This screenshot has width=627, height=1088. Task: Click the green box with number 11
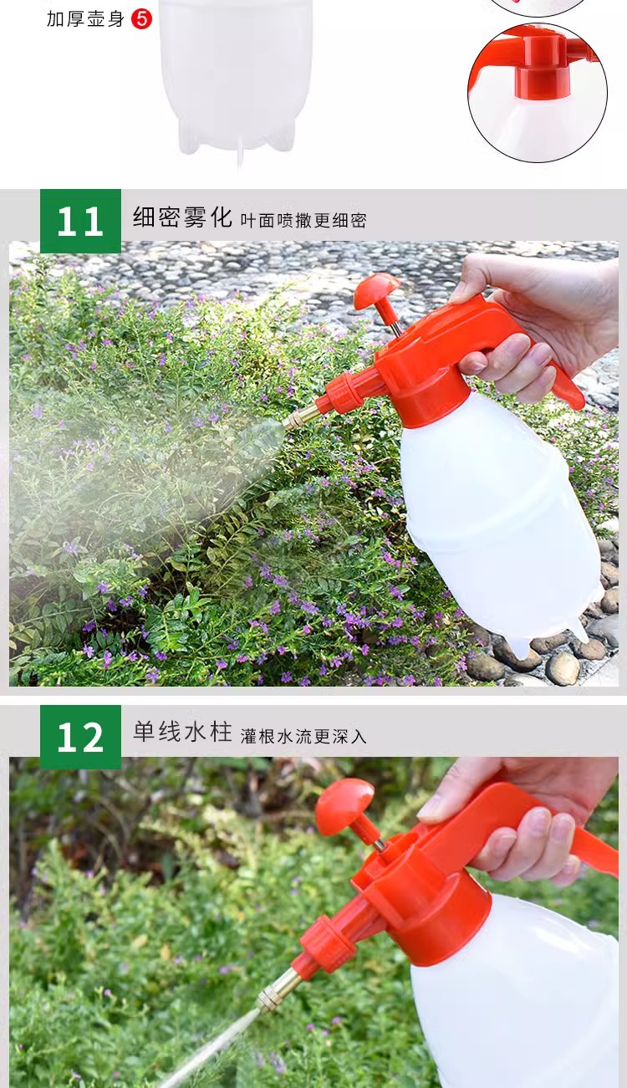[80, 222]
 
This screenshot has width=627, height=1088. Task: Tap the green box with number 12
[80, 737]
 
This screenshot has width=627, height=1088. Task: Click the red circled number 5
[141, 18]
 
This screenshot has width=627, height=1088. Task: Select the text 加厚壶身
[85, 18]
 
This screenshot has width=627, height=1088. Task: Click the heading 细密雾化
[181, 217]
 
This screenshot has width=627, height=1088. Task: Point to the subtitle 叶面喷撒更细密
[303, 221]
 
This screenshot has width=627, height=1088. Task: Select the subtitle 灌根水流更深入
[303, 736]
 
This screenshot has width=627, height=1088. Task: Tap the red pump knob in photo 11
[376, 289]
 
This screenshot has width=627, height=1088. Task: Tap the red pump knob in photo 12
[344, 805]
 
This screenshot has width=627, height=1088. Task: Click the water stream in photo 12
[213, 1050]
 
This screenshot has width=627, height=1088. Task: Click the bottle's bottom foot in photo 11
[517, 646]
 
